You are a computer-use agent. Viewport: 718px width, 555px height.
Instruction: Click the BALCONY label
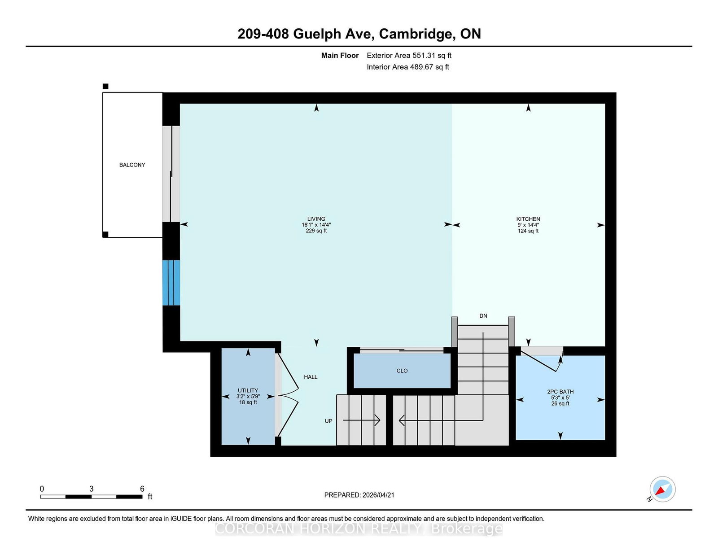tap(132, 165)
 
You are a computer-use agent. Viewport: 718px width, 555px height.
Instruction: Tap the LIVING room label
tap(316, 219)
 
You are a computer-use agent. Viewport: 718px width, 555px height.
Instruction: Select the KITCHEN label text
tap(528, 219)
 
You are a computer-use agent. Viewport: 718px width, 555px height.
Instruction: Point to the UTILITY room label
tap(248, 390)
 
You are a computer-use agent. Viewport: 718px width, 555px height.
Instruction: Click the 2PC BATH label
tap(560, 392)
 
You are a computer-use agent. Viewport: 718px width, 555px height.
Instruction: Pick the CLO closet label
tap(402, 371)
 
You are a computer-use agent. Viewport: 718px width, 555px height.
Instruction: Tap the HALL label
tap(311, 377)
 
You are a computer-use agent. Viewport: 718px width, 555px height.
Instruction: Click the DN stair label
tap(483, 316)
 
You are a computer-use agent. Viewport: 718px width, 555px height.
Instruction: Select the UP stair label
tap(328, 421)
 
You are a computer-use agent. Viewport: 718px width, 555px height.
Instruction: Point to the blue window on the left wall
tap(171, 283)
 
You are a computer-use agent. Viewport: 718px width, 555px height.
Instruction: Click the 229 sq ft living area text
tap(316, 231)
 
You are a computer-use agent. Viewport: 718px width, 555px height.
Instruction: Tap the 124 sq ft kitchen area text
tap(528, 231)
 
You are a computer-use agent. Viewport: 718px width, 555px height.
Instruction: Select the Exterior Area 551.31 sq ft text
tap(409, 56)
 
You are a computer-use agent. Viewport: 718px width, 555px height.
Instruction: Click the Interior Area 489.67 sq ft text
tap(408, 67)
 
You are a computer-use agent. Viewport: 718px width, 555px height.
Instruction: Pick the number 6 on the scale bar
tap(142, 489)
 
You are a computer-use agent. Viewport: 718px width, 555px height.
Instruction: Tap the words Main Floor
tap(340, 56)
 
